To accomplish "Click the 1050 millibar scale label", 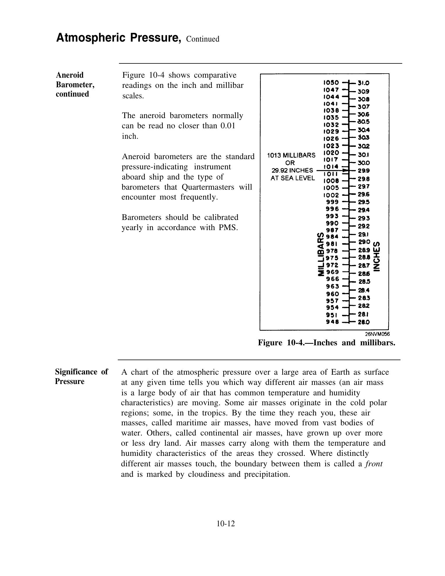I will tap(331, 83).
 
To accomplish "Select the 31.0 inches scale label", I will tap(363, 83).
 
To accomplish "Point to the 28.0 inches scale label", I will tap(364, 322).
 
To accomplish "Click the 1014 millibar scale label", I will tap(331, 167).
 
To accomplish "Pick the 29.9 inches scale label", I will tap(364, 171).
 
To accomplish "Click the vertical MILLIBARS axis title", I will tap(321, 254).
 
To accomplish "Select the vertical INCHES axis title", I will tap(377, 256).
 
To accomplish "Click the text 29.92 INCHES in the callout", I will tap(292, 170).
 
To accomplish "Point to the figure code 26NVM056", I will tap(377, 334).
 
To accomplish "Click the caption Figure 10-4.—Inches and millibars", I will tap(327, 343).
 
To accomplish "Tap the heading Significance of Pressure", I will tap(81, 376).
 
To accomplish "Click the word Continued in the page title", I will tap(203, 39).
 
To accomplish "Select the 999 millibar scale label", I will tap(332, 202).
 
